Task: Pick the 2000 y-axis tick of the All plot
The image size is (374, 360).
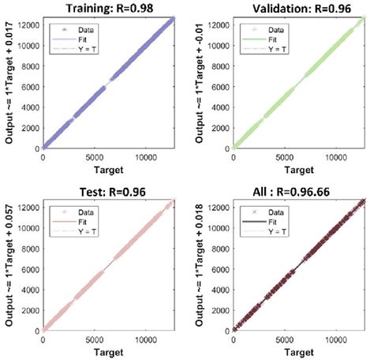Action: click(222, 309)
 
